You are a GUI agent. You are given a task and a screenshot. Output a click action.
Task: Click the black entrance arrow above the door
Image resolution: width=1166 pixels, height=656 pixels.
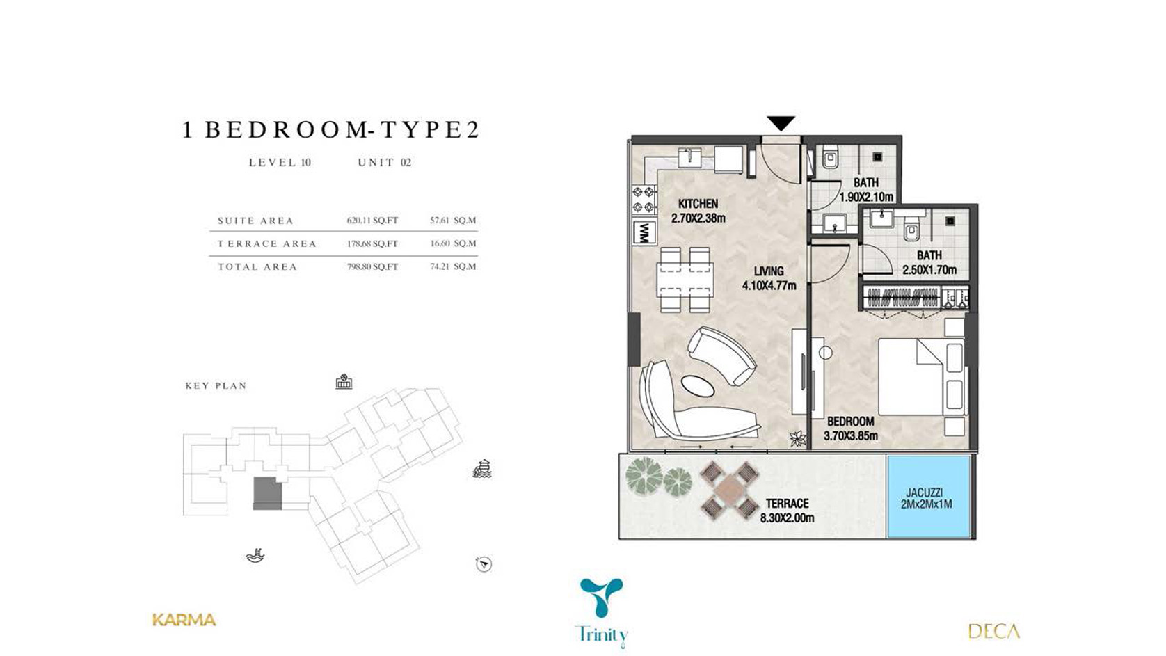pos(781,123)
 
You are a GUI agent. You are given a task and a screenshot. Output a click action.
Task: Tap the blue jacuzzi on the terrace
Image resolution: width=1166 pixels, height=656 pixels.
pos(928,497)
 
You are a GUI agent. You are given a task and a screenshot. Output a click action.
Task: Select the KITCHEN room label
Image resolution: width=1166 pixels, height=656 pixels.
pos(698,204)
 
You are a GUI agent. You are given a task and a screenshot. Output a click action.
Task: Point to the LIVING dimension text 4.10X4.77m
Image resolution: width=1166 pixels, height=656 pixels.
pos(769,285)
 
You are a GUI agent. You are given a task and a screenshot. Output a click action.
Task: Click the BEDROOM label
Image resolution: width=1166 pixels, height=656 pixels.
pos(851,421)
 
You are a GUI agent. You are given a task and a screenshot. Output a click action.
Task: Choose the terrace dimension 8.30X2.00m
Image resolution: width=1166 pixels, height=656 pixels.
pos(787,518)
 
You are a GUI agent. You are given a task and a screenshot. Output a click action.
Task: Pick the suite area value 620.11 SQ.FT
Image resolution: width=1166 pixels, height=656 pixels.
pos(372,221)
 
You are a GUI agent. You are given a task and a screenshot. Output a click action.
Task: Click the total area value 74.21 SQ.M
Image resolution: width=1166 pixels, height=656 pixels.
pos(453,266)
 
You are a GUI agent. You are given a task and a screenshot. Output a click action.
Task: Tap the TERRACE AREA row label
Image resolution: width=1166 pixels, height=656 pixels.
pos(267,243)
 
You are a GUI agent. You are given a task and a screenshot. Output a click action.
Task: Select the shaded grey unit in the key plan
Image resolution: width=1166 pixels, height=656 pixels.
pos(268,493)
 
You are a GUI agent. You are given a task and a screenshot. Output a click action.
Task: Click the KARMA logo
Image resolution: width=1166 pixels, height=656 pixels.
pos(184,620)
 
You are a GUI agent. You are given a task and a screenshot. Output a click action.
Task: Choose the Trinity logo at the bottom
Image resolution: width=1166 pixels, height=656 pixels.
pos(602,612)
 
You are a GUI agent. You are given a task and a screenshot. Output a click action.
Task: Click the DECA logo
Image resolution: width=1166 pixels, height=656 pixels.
pos(993,631)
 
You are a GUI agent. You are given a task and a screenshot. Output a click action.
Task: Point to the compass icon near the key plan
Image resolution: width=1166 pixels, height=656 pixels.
pos(484,564)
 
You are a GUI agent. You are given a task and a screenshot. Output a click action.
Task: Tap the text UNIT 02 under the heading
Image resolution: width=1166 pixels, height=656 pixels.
pos(384,163)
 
